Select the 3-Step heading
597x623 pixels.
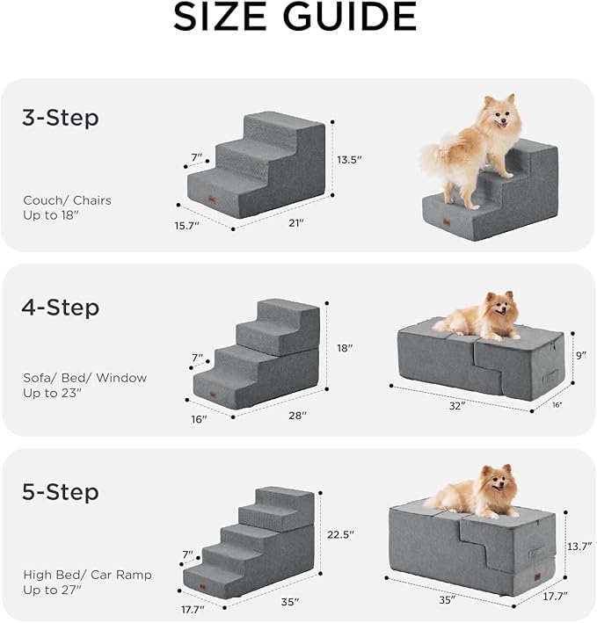[60, 118]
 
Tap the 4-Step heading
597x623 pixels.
[60, 308]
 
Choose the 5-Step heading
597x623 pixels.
[60, 491]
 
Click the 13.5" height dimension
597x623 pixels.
[349, 160]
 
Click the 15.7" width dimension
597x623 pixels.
[186, 226]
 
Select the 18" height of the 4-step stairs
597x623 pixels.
[345, 348]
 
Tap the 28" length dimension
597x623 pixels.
[296, 415]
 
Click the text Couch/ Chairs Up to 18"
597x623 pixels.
[67, 207]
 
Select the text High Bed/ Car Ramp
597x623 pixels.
[87, 575]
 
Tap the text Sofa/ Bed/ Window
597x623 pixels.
[84, 378]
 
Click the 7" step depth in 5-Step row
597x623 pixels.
[186, 554]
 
